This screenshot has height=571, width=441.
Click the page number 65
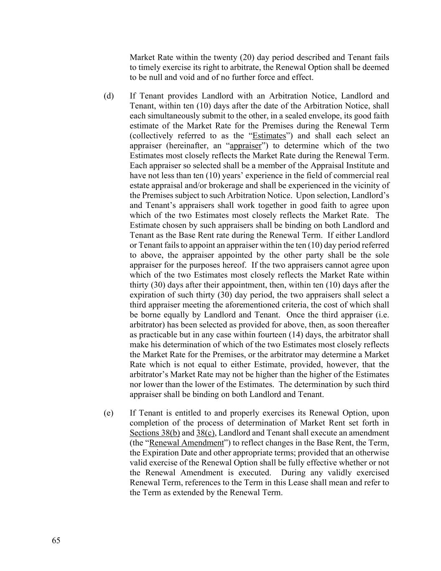point(56,540)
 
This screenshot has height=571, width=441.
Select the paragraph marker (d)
point(109,96)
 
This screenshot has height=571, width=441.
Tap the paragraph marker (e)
point(109,413)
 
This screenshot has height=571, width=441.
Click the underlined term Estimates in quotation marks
point(269,136)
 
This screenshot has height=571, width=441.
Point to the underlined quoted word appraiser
point(245,146)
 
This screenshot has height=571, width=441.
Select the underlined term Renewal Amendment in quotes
point(186,443)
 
